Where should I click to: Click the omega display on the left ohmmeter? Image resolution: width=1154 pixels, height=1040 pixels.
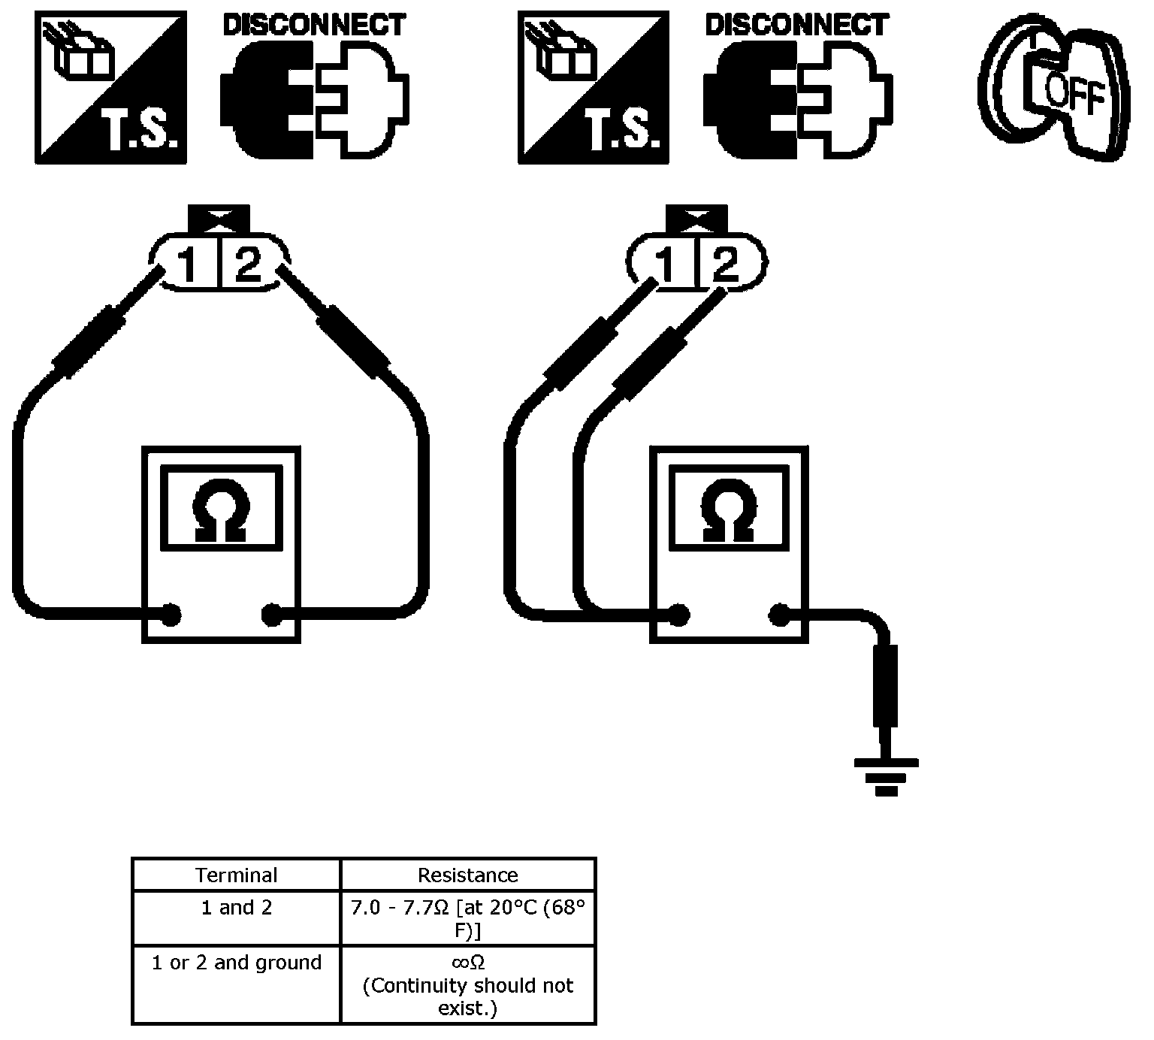click(x=222, y=507)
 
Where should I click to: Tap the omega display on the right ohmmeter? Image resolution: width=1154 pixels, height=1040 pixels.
click(x=729, y=507)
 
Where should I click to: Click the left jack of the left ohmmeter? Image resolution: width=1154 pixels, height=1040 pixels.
click(x=171, y=615)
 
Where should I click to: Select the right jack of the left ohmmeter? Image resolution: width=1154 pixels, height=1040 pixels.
click(x=271, y=615)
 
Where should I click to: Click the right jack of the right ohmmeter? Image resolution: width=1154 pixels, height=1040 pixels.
click(x=779, y=616)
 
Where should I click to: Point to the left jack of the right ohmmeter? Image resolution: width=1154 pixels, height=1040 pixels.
click(x=679, y=616)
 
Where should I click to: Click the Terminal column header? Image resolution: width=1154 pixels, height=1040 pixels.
click(x=237, y=875)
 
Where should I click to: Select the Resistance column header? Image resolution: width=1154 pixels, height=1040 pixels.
click(x=468, y=875)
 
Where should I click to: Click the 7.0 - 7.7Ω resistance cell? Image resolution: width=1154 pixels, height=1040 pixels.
click(x=468, y=918)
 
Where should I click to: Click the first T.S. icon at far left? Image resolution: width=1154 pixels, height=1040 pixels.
click(x=111, y=87)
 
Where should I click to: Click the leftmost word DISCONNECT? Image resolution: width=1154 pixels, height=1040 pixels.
click(x=315, y=25)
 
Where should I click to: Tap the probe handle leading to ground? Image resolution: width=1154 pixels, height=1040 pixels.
click(x=886, y=685)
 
